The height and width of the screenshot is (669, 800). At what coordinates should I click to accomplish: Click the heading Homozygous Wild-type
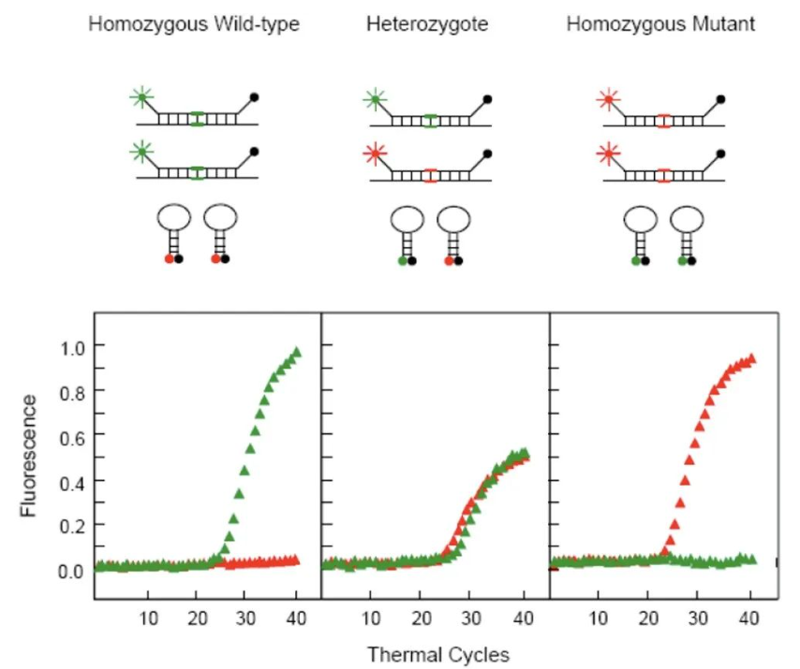(x=194, y=23)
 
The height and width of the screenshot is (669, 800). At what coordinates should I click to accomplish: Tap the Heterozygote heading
(x=426, y=23)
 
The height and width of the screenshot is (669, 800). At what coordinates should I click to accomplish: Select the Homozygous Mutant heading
(x=660, y=23)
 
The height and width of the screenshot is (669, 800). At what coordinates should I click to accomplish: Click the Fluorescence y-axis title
(x=30, y=457)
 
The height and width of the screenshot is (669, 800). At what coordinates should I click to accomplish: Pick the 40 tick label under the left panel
(x=296, y=618)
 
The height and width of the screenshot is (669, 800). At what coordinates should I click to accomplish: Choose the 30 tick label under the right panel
(x=697, y=618)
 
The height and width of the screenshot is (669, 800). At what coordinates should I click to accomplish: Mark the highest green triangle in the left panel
(x=297, y=353)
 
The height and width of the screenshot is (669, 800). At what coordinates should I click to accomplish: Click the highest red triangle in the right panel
(x=750, y=358)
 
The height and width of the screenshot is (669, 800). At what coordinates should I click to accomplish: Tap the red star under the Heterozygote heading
(x=375, y=152)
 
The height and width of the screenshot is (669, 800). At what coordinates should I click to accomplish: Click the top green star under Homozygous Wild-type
(x=141, y=96)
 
